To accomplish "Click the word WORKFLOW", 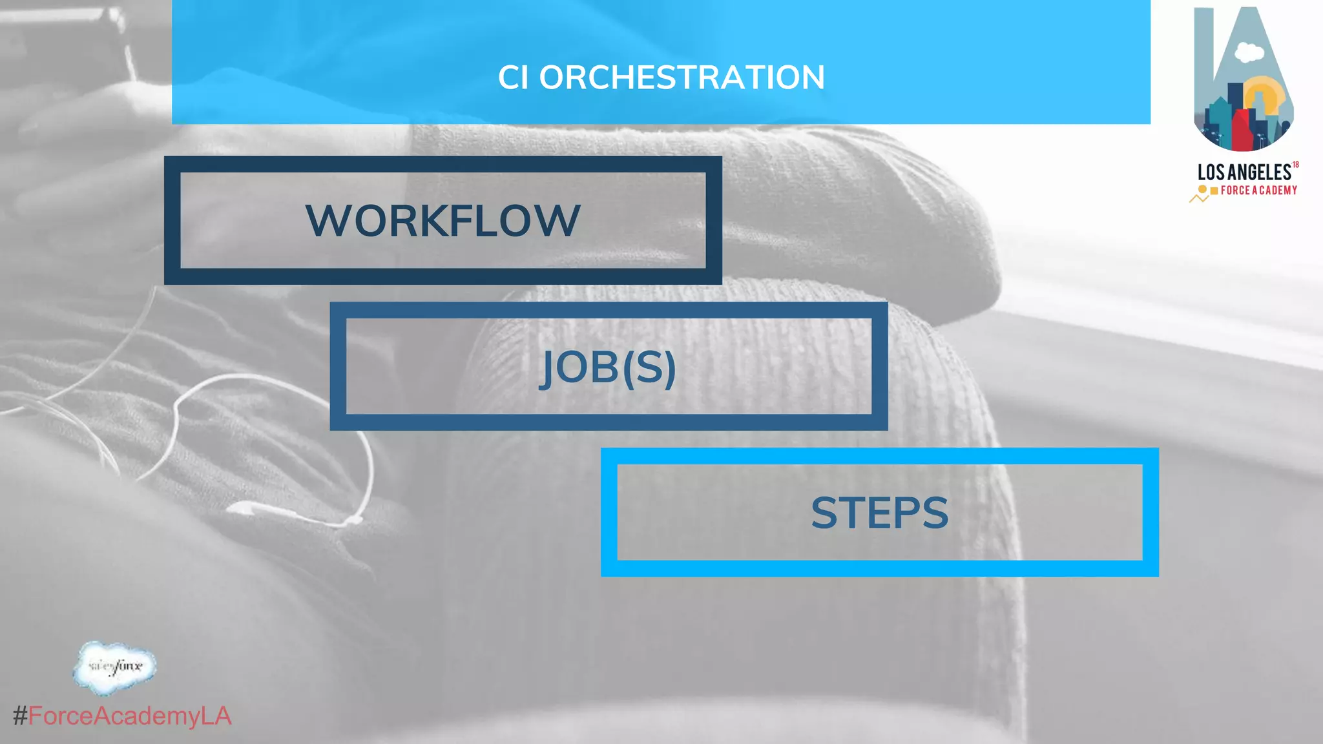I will (x=443, y=220).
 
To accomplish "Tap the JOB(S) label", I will (x=608, y=367).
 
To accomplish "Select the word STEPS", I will (x=879, y=513).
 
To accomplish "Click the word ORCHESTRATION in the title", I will (x=682, y=77).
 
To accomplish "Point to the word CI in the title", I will (x=514, y=77).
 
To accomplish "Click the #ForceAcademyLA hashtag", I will (x=123, y=716).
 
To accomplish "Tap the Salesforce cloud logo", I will (x=115, y=667).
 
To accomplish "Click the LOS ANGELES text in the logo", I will (x=1244, y=172).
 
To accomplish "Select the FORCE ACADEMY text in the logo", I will (x=1259, y=191).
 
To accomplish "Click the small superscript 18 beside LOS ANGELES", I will (x=1295, y=165).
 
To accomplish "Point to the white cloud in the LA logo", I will (x=1249, y=52).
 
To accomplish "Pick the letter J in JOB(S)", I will (x=548, y=368).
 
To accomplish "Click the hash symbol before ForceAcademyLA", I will (x=20, y=716).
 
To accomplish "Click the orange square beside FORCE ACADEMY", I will (x=1214, y=191).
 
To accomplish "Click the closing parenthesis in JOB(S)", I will (x=670, y=368).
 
